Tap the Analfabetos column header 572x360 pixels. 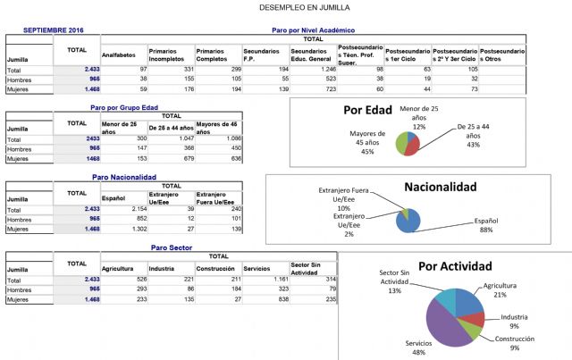(x=118, y=54)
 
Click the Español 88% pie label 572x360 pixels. (x=486, y=224)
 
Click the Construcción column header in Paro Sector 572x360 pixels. (x=215, y=268)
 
